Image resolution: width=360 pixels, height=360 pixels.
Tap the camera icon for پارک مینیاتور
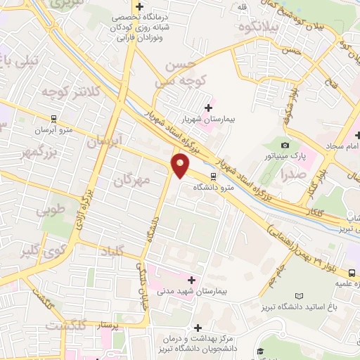(285, 144)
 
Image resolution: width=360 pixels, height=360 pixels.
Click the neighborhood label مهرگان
(132, 179)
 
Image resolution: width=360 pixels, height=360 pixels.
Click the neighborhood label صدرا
(291, 173)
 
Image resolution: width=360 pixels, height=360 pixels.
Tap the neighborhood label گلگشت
(66, 326)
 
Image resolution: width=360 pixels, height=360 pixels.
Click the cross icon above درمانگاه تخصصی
(141, 7)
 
